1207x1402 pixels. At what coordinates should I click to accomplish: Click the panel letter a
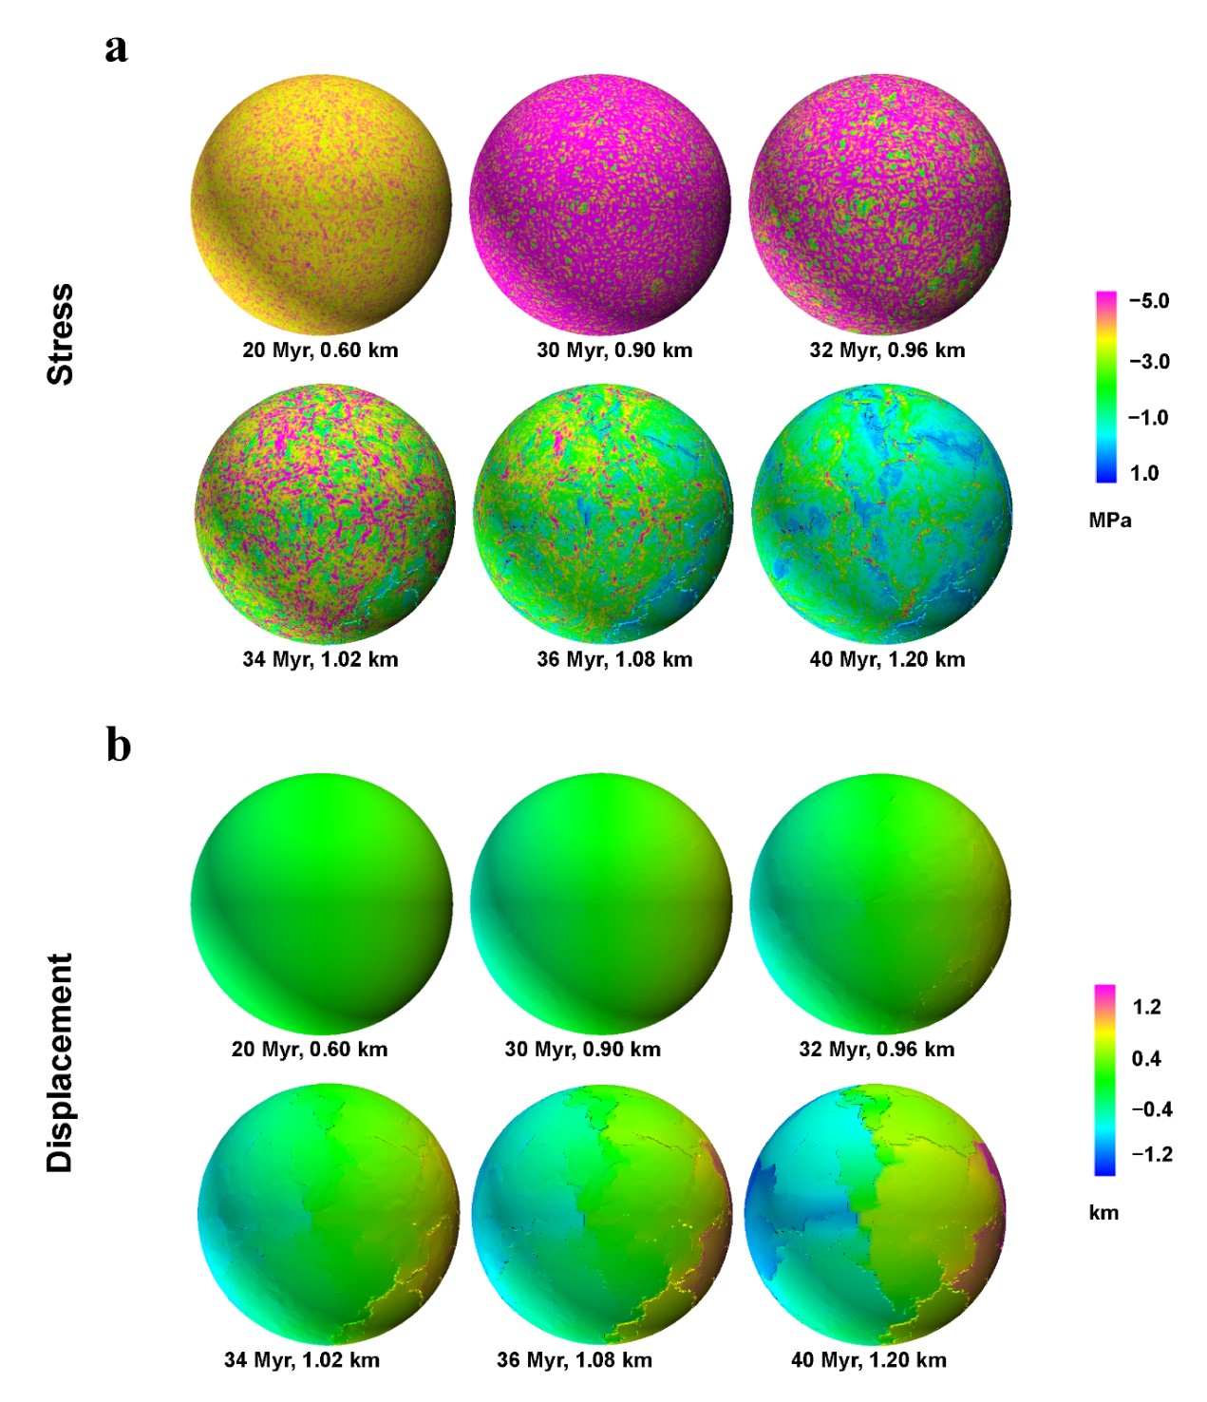(x=116, y=47)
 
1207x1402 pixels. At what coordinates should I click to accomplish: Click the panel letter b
(x=118, y=746)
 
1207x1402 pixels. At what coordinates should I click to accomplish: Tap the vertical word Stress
(x=61, y=333)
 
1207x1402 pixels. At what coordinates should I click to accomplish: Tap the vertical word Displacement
(x=60, y=1062)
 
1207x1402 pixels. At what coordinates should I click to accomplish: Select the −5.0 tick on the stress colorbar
(x=1148, y=301)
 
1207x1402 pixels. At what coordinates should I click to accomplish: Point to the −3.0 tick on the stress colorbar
(x=1148, y=362)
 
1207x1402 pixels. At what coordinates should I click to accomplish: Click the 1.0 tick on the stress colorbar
(x=1144, y=473)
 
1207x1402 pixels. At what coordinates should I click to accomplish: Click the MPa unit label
(x=1109, y=521)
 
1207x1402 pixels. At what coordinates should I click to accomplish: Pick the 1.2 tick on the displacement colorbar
(x=1146, y=1007)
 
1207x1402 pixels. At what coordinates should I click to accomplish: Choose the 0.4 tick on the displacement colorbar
(x=1146, y=1058)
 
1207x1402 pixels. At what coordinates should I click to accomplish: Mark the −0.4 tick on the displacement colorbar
(x=1151, y=1108)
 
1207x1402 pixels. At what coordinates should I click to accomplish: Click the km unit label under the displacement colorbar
(x=1103, y=1213)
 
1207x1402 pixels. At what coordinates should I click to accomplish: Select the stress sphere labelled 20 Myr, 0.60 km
(x=321, y=203)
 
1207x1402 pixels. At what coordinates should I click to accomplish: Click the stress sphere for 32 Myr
(x=879, y=203)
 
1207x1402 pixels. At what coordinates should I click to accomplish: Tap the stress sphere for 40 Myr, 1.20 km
(x=881, y=514)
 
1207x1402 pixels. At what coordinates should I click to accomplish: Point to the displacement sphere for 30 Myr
(x=601, y=902)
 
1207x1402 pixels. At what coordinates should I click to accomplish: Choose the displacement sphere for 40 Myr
(x=875, y=1215)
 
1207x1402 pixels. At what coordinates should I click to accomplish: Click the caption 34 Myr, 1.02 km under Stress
(x=320, y=659)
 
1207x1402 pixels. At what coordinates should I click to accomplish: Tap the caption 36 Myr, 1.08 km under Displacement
(x=575, y=1360)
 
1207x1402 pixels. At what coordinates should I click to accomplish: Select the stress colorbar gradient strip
(x=1105, y=387)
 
